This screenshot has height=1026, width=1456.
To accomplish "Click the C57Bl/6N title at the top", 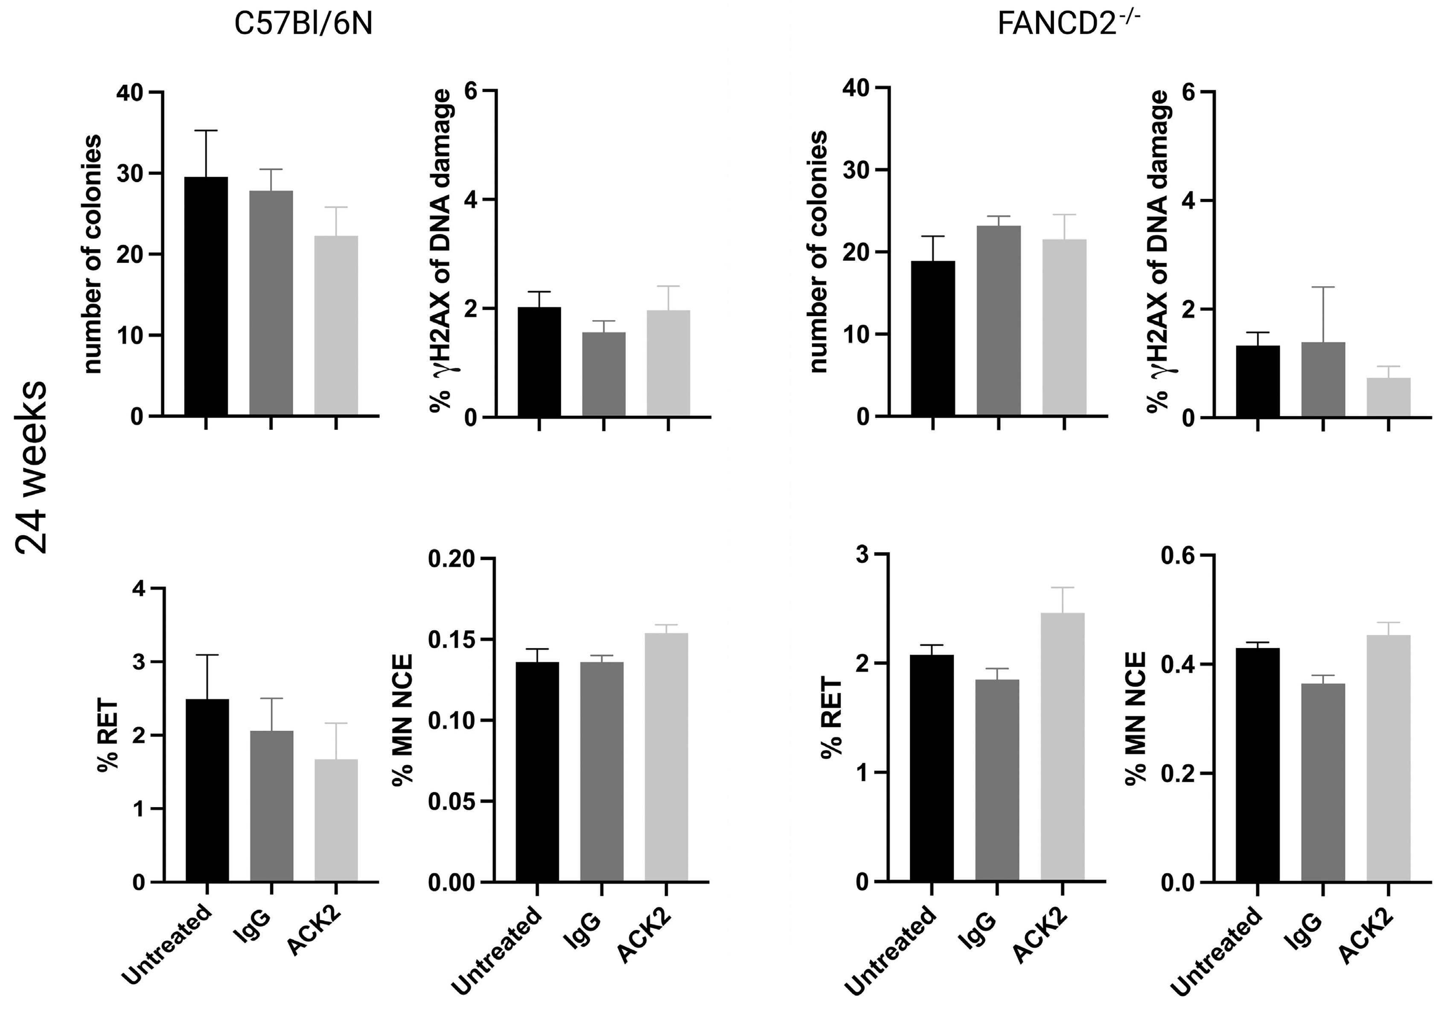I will pyautogui.click(x=303, y=25).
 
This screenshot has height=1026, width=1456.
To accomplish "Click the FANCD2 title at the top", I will pyautogui.click(x=1069, y=25).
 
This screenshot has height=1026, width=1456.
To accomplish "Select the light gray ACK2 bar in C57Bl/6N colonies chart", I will pyautogui.click(x=336, y=326).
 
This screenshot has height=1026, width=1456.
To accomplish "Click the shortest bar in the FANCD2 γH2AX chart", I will pyautogui.click(x=1388, y=398).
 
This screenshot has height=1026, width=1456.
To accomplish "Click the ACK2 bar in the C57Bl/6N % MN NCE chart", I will pyautogui.click(x=667, y=757).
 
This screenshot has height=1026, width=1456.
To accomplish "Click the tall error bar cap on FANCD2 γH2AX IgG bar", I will pyautogui.click(x=1323, y=287).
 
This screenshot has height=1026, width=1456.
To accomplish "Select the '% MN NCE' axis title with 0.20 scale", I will pyautogui.click(x=403, y=720).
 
